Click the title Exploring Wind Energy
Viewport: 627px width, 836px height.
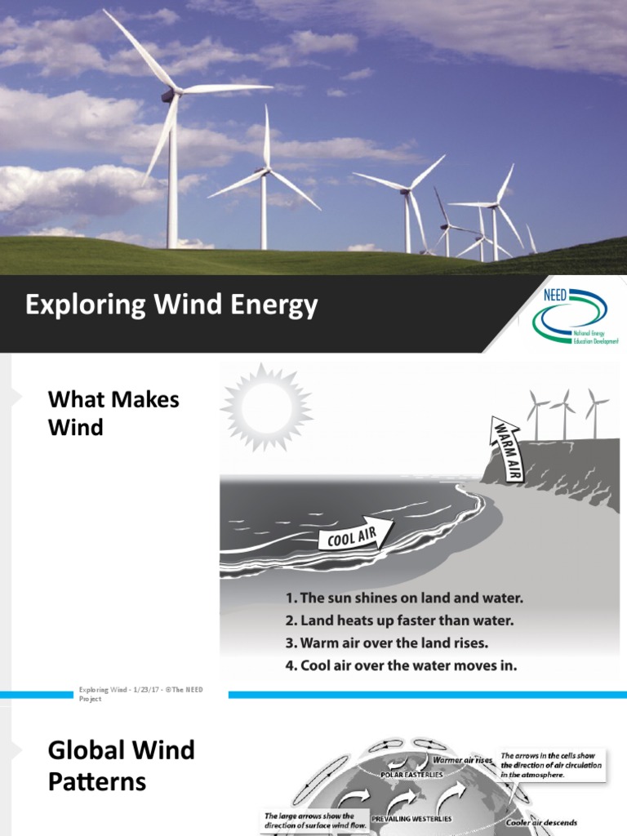point(171,305)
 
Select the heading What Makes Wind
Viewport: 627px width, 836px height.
point(113,413)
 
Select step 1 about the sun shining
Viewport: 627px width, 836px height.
point(403,598)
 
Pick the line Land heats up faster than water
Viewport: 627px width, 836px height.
point(399,620)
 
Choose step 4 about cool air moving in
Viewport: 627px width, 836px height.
point(401,665)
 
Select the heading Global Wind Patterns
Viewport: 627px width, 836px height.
point(122,765)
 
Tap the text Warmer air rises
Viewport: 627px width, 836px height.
point(462,760)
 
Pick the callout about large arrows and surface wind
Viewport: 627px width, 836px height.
point(309,820)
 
